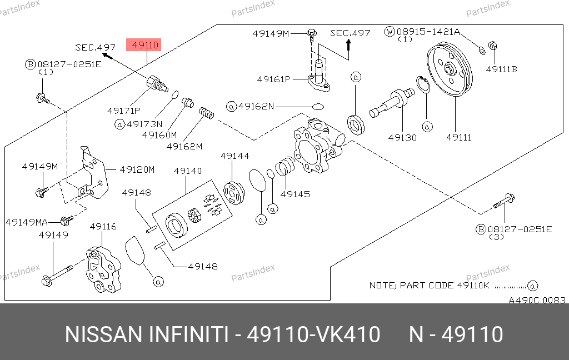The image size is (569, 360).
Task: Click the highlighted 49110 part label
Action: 144,45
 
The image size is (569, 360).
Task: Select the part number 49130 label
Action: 402,138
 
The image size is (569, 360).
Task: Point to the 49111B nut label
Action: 501,69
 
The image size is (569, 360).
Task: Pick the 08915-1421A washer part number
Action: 428,32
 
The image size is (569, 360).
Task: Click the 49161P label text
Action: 273,79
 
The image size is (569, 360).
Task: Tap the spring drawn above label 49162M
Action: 207,114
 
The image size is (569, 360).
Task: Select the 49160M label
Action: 159,134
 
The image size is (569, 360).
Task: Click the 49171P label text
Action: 123,111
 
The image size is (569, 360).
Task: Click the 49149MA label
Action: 27,222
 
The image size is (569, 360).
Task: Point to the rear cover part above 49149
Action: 103,269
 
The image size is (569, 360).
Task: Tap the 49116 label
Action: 103,226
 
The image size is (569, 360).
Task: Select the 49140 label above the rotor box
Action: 188,171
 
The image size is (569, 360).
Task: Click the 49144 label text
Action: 234,157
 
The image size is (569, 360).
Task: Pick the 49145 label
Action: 295,194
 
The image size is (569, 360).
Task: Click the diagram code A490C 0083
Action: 537,300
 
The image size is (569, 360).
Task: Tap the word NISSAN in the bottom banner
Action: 103,335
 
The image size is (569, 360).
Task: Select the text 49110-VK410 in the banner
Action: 313,335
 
